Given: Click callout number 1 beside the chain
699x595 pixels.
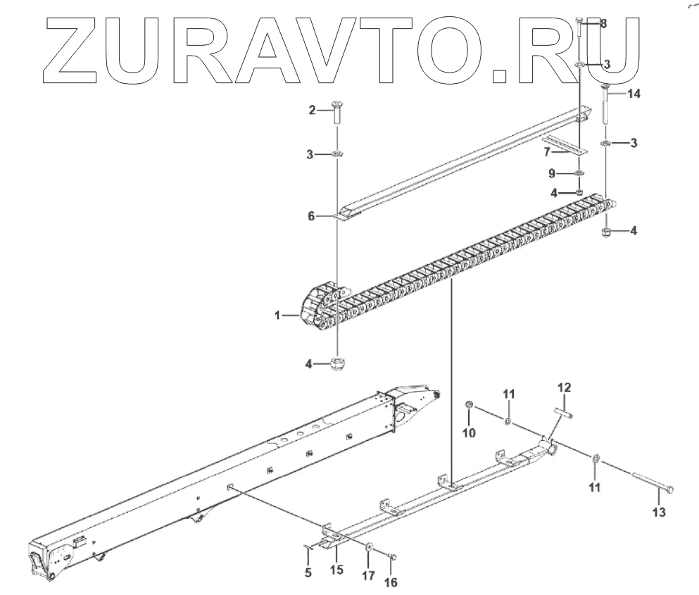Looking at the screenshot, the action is pyautogui.click(x=279, y=316).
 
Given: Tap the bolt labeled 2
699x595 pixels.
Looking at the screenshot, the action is pyautogui.click(x=336, y=114).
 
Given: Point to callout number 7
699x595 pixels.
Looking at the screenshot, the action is pyautogui.click(x=546, y=152).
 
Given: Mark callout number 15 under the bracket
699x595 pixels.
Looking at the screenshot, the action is pyautogui.click(x=337, y=568).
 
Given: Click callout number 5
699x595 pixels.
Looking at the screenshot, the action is pyautogui.click(x=308, y=572).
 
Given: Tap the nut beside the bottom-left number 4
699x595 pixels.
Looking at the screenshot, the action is pyautogui.click(x=338, y=364).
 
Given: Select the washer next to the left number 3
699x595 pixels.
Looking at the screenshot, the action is pyautogui.click(x=336, y=154).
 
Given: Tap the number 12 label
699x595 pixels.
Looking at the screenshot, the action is pyautogui.click(x=565, y=387).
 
